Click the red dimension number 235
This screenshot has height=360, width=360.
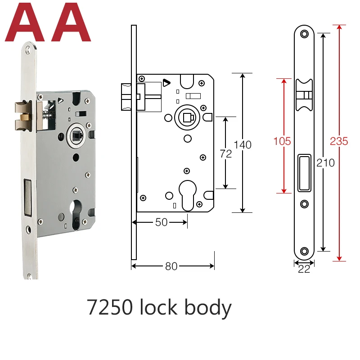coord(339,141)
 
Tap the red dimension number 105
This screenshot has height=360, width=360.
coord(282,141)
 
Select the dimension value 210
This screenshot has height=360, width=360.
coord(325,163)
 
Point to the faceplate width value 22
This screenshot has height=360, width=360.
coord(304,269)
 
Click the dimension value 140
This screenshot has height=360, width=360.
coord(243,145)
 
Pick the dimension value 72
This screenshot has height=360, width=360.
coord(226,154)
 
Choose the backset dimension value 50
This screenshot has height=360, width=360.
coord(161,222)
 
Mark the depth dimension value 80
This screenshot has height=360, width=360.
coord(171,266)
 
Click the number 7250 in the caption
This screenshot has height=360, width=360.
coord(110,307)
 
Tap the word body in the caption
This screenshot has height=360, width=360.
coord(208,308)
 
